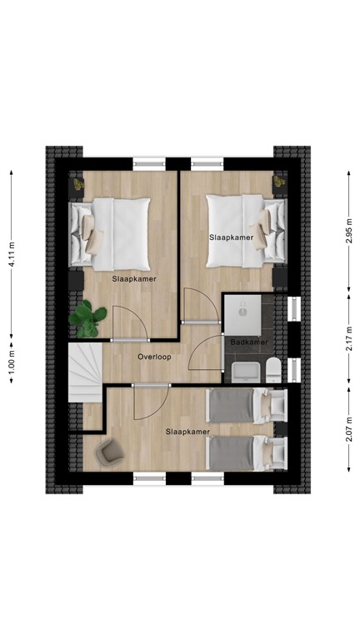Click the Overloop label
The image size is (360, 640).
(x=154, y=356)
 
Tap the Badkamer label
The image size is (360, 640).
(x=248, y=342)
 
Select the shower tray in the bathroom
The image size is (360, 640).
(x=242, y=310)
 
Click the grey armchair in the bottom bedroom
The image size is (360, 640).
(x=109, y=452)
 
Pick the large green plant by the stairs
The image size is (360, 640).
(x=87, y=317)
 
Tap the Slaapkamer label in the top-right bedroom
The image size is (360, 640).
(x=230, y=238)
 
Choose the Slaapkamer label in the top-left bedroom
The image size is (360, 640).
(x=135, y=280)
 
